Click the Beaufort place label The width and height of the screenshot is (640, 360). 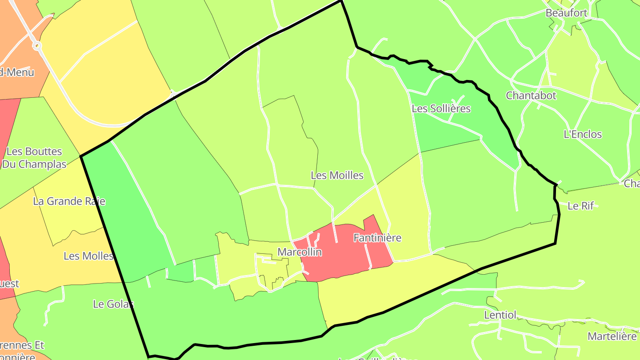point(566,13)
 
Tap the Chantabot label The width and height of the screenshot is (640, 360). point(531,96)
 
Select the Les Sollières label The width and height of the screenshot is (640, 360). point(441,108)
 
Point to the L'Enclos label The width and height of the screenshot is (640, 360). point(582,134)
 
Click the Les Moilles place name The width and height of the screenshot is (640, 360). point(337,176)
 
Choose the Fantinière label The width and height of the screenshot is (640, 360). point(377,238)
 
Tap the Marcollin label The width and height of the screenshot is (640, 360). point(300,252)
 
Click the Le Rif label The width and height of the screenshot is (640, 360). point(581,206)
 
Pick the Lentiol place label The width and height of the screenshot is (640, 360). point(500,315)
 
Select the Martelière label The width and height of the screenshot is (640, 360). point(612,336)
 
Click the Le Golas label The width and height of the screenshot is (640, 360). point(113,304)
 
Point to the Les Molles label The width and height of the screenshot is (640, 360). point(88,256)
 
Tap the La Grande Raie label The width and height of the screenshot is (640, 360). point(69,201)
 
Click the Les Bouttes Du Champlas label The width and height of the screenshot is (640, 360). point(34,158)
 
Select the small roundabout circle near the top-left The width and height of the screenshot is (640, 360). point(37,45)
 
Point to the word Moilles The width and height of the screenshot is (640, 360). point(345,176)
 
